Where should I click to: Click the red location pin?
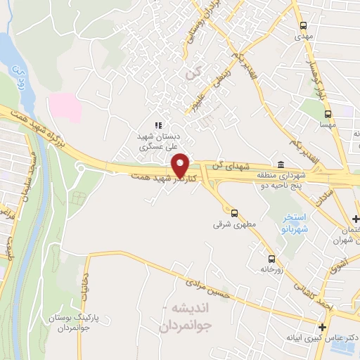181,165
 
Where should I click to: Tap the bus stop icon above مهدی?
304,21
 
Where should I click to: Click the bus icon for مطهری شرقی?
234,213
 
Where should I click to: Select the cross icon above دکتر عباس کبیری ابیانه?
322,326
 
